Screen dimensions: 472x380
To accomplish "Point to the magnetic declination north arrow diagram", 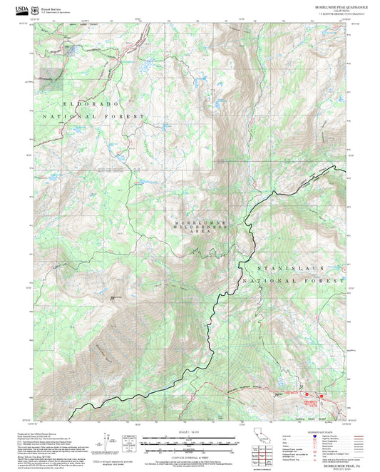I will point(108,441).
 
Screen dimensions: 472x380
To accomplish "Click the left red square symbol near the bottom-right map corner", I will point(306,392).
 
